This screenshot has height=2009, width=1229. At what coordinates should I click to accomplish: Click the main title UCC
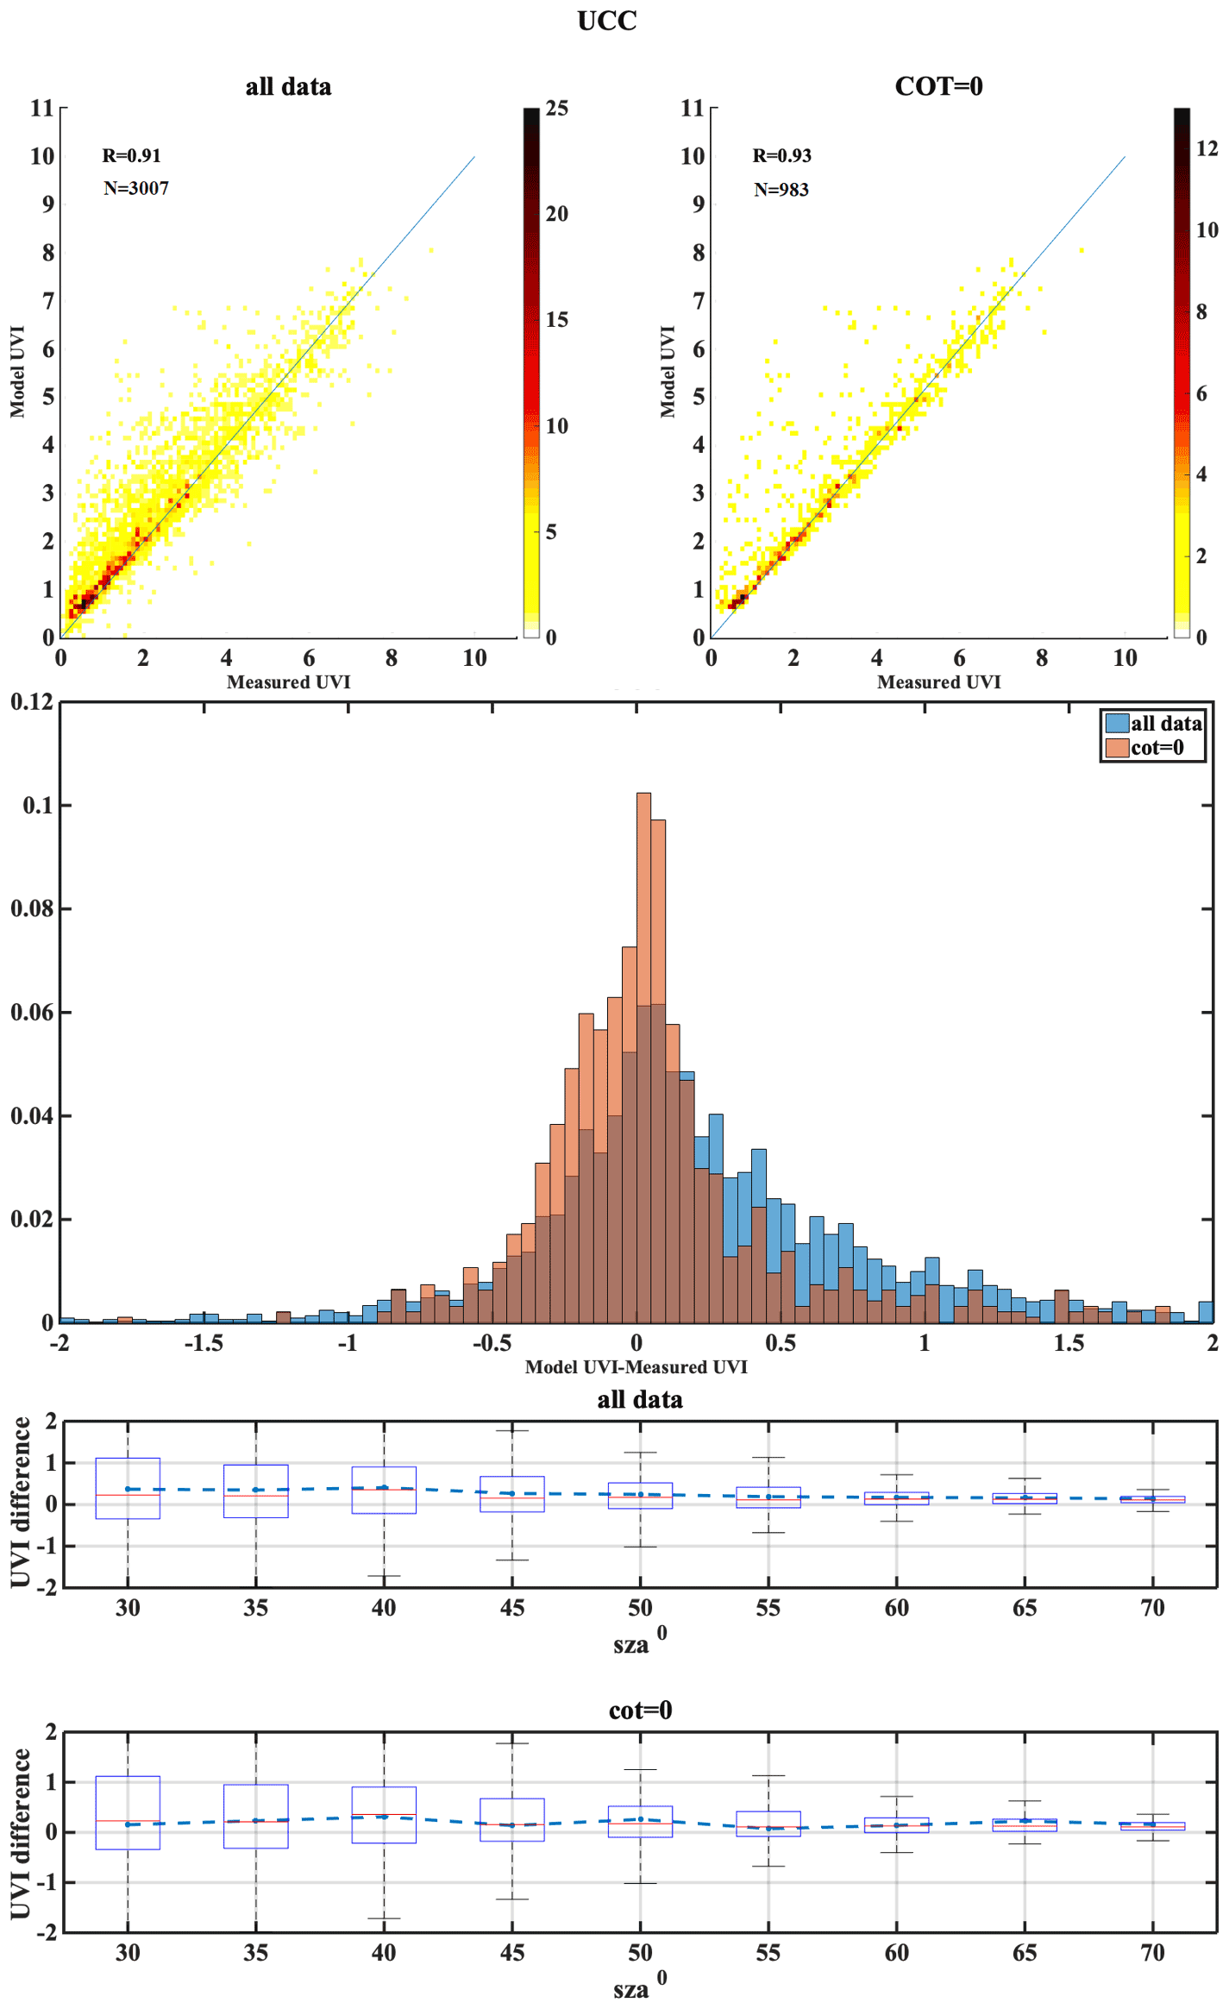(x=606, y=21)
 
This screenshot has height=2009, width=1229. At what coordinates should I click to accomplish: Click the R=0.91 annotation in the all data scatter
(x=131, y=155)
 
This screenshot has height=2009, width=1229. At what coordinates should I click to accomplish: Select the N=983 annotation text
(x=781, y=189)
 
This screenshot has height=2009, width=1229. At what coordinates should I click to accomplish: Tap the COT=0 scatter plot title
(x=938, y=86)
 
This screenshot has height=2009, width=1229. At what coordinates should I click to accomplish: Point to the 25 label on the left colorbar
(x=556, y=109)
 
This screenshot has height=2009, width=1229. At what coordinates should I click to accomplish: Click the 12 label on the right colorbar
(x=1207, y=148)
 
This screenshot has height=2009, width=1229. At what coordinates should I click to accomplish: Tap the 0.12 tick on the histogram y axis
(x=31, y=701)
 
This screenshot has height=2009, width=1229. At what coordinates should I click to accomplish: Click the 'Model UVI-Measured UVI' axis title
(x=636, y=1366)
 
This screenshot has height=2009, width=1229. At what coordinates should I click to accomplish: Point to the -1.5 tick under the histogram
(x=204, y=1343)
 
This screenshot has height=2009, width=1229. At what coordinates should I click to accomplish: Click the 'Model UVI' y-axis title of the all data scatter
(x=17, y=372)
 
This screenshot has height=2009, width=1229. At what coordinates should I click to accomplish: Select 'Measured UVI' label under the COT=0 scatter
(x=938, y=682)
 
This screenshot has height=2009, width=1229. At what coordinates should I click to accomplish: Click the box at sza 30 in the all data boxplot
(x=128, y=1488)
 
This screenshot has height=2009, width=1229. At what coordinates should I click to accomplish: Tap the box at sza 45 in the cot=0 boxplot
(x=511, y=1820)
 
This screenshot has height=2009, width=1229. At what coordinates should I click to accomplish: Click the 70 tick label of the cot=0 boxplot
(x=1152, y=1952)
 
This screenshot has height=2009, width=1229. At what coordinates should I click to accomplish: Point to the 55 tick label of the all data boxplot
(x=768, y=1608)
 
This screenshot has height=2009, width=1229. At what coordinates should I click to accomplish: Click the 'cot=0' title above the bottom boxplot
(x=639, y=1710)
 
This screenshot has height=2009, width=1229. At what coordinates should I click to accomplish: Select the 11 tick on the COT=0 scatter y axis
(x=692, y=108)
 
